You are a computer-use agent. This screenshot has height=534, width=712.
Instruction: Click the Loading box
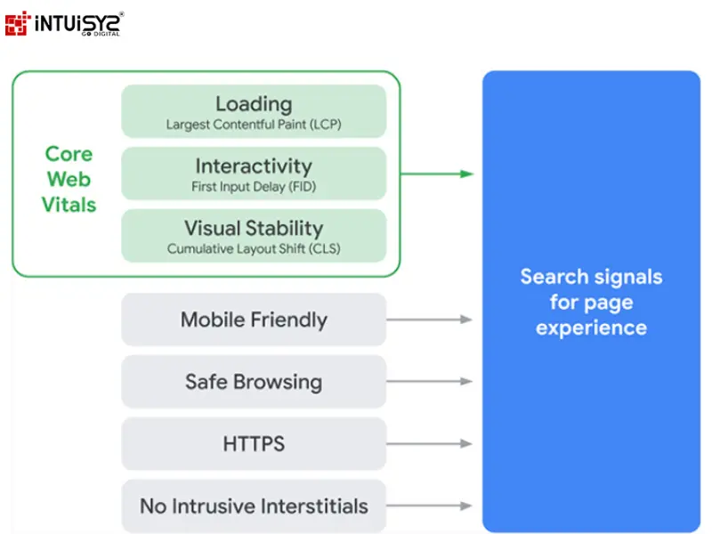[x=254, y=111]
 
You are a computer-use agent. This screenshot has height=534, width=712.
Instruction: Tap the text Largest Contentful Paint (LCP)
[x=254, y=125]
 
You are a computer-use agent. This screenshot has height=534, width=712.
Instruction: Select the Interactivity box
[x=254, y=174]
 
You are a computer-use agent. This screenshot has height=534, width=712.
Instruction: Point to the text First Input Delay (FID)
[x=254, y=187]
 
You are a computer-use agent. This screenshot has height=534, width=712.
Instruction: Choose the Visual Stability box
[x=254, y=236]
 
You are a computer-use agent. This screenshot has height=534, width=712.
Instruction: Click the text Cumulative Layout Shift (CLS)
[x=254, y=249]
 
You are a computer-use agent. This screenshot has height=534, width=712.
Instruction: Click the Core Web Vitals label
[x=69, y=179]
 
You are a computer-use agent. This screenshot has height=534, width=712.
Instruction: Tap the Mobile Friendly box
[x=254, y=320]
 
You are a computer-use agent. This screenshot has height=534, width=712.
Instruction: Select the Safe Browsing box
[x=254, y=382]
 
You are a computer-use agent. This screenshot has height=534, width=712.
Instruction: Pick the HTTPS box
[x=254, y=443]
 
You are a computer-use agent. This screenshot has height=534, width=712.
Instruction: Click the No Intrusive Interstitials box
[x=254, y=506]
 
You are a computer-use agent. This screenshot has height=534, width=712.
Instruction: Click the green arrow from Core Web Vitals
[x=436, y=174]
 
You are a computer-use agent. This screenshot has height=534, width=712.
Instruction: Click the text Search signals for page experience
[x=591, y=302]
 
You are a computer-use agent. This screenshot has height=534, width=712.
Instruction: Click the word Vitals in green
[x=69, y=205]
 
